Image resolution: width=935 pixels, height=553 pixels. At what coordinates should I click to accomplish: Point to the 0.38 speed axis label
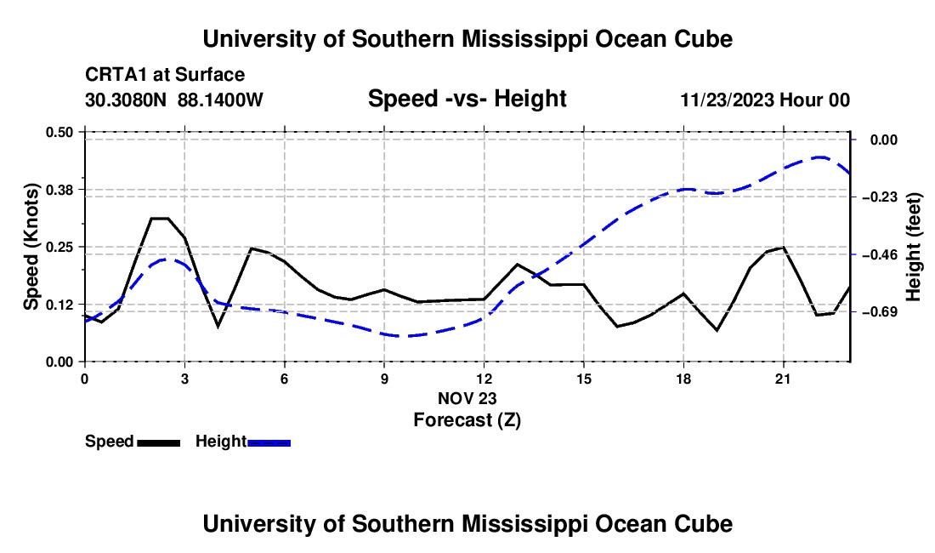(59, 190)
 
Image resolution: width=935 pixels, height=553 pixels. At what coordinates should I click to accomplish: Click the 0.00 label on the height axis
(884, 140)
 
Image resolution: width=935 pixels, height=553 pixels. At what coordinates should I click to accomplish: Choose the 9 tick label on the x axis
(384, 379)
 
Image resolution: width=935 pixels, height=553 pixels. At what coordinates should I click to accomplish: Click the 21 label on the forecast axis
(783, 379)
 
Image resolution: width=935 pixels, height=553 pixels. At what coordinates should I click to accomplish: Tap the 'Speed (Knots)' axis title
(31, 247)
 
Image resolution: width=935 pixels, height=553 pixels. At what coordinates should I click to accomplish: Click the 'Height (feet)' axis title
(914, 247)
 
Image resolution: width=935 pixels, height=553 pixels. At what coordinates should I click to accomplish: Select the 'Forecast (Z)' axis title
(467, 420)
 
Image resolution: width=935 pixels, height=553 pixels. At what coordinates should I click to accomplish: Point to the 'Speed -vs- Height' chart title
(467, 99)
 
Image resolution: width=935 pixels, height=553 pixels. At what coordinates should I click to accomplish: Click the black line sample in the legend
(159, 443)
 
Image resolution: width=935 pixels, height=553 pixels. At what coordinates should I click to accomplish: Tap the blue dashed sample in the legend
(269, 443)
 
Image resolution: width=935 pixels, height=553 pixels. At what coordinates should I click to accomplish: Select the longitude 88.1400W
(220, 100)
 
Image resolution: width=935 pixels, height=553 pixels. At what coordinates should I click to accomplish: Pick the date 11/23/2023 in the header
(727, 100)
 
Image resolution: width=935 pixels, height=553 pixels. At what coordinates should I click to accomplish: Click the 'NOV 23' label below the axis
(467, 398)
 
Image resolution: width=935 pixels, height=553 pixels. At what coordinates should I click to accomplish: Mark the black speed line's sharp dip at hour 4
(218, 327)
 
